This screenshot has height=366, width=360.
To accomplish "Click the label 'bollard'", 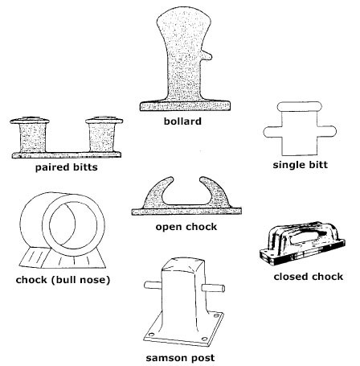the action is (x=182, y=121).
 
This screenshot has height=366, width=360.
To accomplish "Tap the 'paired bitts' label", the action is (x=67, y=167).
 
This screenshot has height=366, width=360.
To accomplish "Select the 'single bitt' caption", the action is (x=301, y=165).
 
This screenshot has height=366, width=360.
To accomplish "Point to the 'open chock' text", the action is (x=186, y=227).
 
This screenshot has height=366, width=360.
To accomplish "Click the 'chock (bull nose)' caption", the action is (x=63, y=280).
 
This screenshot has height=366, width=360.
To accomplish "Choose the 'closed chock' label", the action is (x=309, y=277).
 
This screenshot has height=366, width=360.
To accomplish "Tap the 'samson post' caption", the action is (x=180, y=358).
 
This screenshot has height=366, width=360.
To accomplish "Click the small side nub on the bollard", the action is (x=207, y=56).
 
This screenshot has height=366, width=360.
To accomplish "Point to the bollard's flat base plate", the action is (x=185, y=106).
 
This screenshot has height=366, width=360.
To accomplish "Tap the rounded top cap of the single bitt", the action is (x=299, y=106).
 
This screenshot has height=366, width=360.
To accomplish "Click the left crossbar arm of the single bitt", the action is (x=273, y=132).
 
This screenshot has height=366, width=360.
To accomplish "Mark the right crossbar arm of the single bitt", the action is (x=326, y=131).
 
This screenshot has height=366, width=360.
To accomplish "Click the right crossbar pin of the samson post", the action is (x=213, y=288).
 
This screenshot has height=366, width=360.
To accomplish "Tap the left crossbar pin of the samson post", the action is (x=153, y=285).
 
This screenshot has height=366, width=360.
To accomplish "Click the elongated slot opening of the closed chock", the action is (x=305, y=237).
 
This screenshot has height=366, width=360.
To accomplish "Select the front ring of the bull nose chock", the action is (x=73, y=225).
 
